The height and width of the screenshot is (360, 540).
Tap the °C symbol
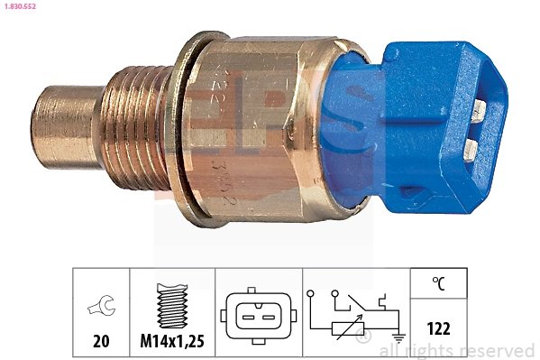click(x=438, y=283)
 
